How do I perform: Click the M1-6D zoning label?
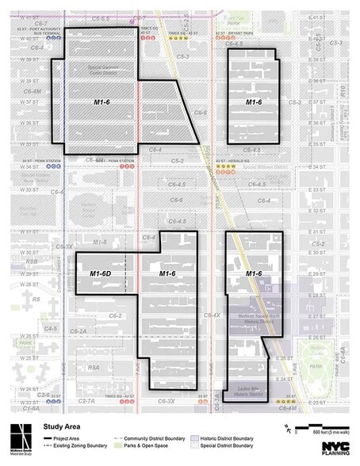101,273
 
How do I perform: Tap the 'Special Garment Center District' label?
99,68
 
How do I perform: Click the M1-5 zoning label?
99,241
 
